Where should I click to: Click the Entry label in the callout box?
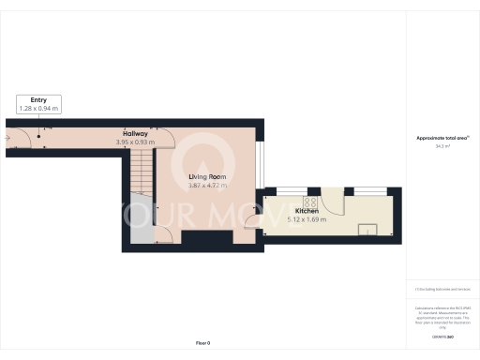point(39,99)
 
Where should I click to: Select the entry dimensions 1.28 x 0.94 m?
point(39,109)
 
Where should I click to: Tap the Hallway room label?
point(135,133)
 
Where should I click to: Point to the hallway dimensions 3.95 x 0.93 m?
point(135,142)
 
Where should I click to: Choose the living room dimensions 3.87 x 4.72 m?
point(208,186)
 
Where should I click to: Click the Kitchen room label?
point(307,211)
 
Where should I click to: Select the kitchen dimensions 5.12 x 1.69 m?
point(307,220)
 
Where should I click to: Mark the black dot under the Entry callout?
point(39,137)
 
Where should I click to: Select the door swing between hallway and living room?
point(164,139)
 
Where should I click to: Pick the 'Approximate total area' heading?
point(442,138)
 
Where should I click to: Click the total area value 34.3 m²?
point(442,146)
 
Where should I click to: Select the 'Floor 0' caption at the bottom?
point(202,344)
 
